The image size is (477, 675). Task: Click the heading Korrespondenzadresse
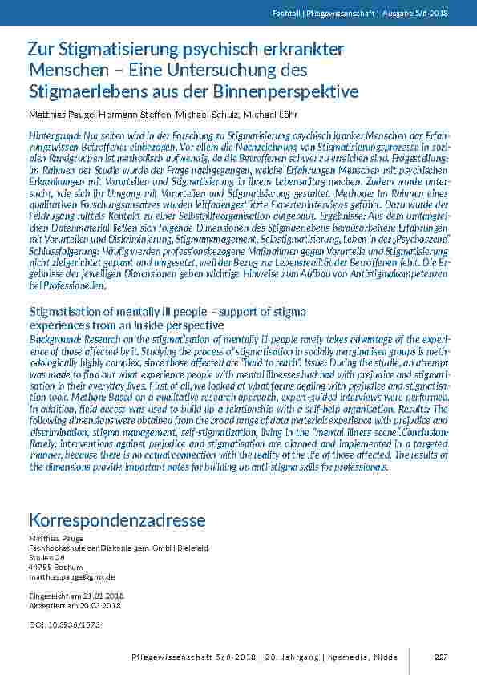(x=117, y=521)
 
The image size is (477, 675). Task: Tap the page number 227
(x=440, y=657)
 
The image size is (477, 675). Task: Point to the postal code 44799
(x=39, y=567)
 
